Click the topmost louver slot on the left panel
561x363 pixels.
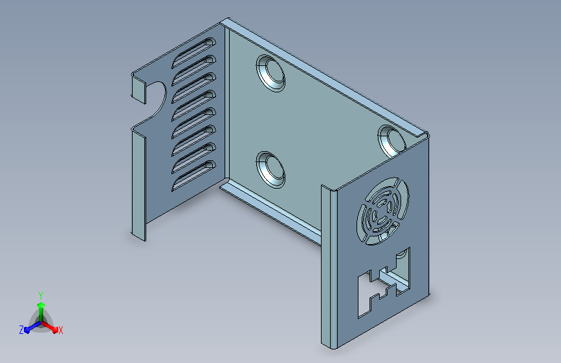tap(193, 52)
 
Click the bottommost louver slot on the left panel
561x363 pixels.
tap(193, 175)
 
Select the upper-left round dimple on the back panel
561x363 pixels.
tap(271, 73)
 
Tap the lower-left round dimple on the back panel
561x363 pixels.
tap(271, 169)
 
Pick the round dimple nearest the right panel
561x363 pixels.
tap(391, 141)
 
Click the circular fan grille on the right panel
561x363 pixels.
tap(382, 211)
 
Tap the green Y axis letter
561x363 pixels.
tap(41, 296)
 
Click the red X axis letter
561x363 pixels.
tap(60, 330)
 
